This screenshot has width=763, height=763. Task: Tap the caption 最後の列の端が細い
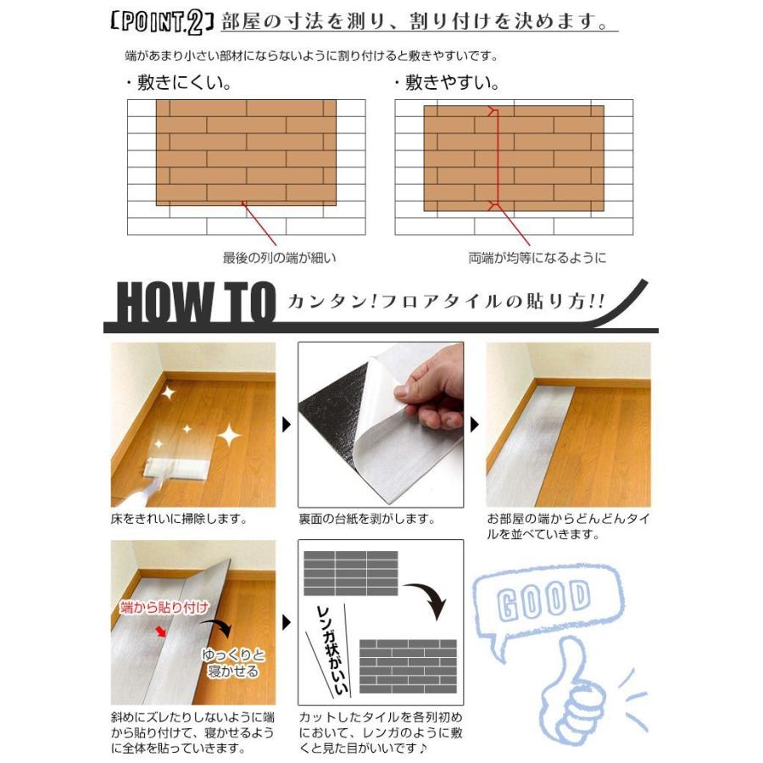click(x=272, y=258)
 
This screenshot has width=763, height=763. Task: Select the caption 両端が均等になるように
click(x=537, y=258)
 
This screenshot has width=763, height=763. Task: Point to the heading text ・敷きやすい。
click(x=446, y=83)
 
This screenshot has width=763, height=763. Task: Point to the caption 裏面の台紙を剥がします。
click(x=367, y=518)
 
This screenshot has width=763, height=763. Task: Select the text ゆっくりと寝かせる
click(x=231, y=663)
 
